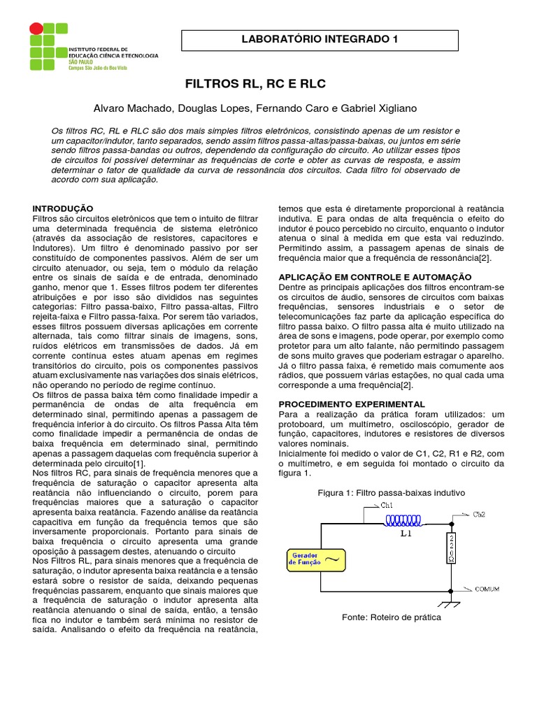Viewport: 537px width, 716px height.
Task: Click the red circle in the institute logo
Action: pyautogui.click(x=34, y=29)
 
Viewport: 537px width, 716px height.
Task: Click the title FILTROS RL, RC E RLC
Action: pyautogui.click(x=255, y=85)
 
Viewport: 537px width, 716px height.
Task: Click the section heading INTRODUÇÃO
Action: pyautogui.click(x=63, y=208)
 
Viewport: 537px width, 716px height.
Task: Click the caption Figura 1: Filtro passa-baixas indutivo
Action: pyautogui.click(x=392, y=493)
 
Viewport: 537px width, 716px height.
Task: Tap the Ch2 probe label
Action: pyautogui.click(x=480, y=515)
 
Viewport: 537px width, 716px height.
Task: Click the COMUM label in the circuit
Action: pyautogui.click(x=487, y=589)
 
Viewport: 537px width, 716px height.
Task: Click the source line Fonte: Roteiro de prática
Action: pyautogui.click(x=392, y=617)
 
